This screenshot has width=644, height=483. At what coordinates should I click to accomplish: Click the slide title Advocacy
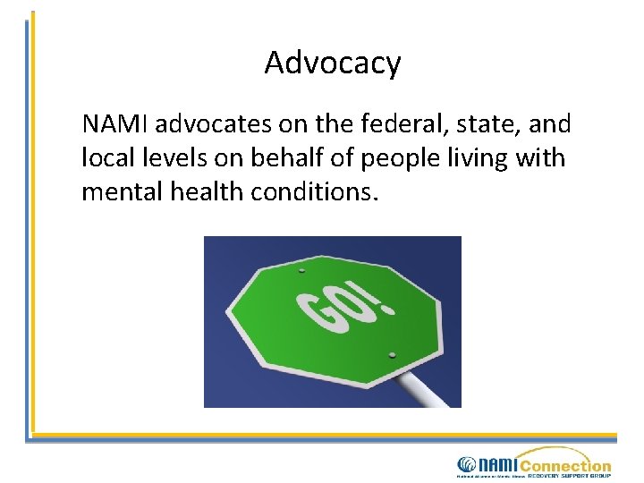click(333, 64)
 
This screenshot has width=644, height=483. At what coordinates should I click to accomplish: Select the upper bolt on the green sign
click(301, 271)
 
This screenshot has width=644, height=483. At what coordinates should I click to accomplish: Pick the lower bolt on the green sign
click(392, 356)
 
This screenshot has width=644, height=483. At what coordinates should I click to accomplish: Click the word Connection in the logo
click(564, 466)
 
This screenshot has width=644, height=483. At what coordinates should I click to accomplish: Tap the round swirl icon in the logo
click(467, 465)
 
